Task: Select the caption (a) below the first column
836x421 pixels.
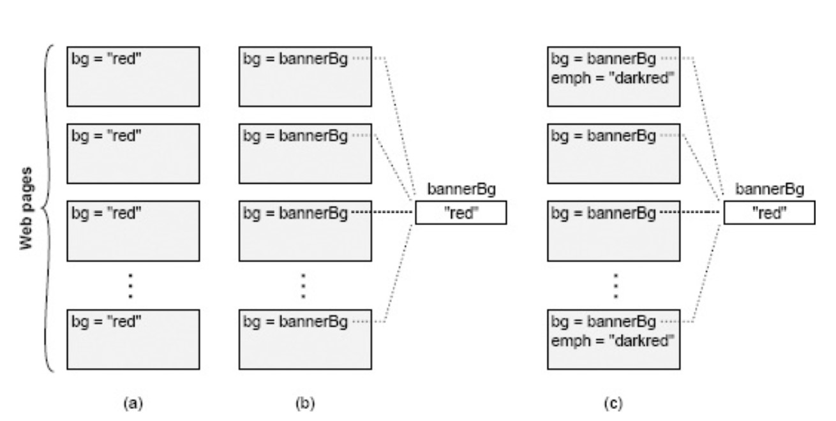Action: [x=133, y=404]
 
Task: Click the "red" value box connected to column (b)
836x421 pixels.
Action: [x=461, y=213]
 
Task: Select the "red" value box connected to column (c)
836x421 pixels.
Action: [x=768, y=213]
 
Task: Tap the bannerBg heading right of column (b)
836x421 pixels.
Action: [x=461, y=190]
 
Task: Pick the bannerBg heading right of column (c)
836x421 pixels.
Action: [x=769, y=190]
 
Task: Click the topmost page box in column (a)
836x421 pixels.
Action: [x=133, y=76]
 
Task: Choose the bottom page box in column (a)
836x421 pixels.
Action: [x=133, y=339]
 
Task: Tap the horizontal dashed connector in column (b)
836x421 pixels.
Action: [x=382, y=212]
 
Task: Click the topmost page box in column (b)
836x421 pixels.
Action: [x=304, y=76]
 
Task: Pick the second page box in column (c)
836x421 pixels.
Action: [x=614, y=154]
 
